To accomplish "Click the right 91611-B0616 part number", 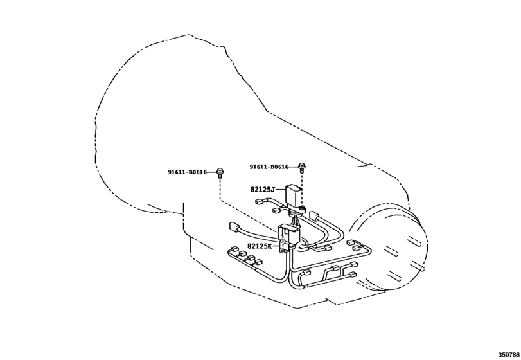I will [x=270, y=167].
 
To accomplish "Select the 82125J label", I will [x=262, y=190].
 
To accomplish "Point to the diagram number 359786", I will [x=507, y=353].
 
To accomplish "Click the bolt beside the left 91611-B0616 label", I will [x=220, y=172].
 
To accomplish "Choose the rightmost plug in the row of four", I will [x=261, y=264].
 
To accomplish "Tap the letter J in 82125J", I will [x=272, y=190].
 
